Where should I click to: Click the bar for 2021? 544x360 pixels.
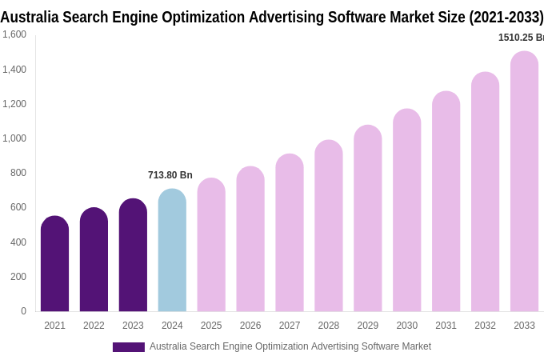pos(54,264)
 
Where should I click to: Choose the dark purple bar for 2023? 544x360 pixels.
pos(133,255)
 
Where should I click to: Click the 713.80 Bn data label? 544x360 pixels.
pos(170,175)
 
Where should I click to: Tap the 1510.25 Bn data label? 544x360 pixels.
pos(520,38)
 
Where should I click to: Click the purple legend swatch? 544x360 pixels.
pos(128,347)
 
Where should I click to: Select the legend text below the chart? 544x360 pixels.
pos(290,346)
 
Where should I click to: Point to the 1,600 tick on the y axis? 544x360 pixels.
pos(14,34)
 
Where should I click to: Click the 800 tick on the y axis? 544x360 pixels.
pos(18,173)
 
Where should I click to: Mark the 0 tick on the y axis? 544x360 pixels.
pos(23,311)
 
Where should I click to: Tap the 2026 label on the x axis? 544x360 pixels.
pos(250,326)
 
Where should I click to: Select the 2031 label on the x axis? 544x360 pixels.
pos(446,326)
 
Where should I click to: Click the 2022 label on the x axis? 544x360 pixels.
pos(94,326)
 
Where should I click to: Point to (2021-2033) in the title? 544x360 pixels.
pos(506,17)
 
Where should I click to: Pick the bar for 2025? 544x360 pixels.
pos(211,245)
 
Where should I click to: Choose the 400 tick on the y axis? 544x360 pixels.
pos(18,242)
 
